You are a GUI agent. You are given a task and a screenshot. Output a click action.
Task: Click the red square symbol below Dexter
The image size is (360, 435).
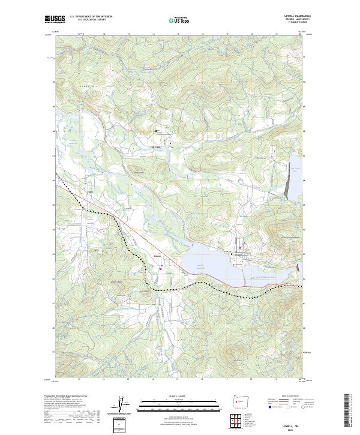tap(160, 269)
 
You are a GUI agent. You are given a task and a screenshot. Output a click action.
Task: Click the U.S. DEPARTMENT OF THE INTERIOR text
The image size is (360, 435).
tap(91, 17)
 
